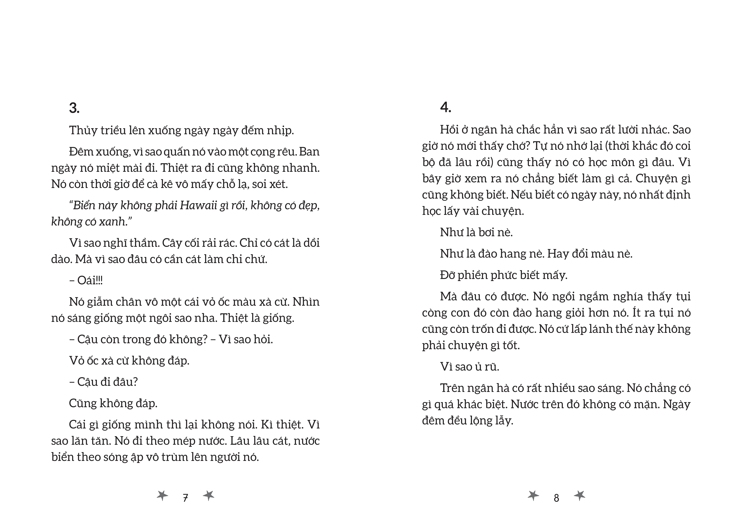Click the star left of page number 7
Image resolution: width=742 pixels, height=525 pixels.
[162, 495]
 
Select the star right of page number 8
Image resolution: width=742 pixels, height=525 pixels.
[579, 495]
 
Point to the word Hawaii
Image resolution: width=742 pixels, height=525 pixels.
[198, 205]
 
